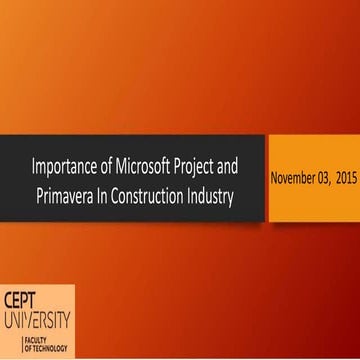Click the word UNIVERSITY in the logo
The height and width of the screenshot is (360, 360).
[36, 321]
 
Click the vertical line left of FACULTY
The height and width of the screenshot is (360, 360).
[6, 344]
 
